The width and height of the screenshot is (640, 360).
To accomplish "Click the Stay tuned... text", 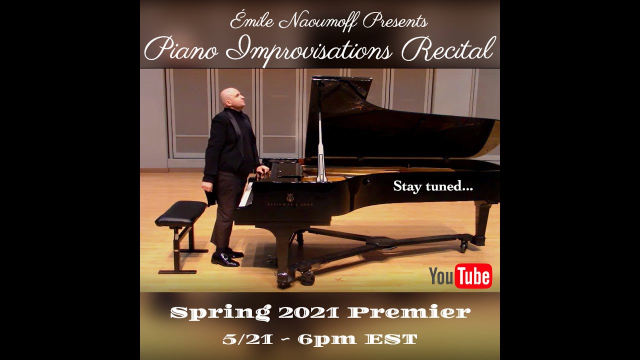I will [433, 187].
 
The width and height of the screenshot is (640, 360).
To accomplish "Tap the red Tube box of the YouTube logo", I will [473, 275].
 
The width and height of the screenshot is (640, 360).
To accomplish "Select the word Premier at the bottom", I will [409, 312].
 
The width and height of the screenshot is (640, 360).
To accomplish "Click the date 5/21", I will [248, 339].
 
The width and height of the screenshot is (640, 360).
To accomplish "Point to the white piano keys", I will [246, 195].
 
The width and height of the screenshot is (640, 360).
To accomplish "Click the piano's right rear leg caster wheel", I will [463, 246].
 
